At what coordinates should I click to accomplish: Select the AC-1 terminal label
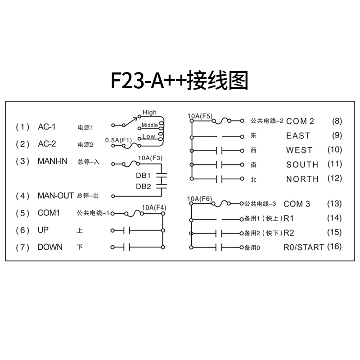tap(47, 127)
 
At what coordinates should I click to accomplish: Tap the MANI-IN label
tap(53, 161)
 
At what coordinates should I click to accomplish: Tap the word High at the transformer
tap(149, 112)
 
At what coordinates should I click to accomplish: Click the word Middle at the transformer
tap(150, 125)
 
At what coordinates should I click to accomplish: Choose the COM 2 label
tap(300, 121)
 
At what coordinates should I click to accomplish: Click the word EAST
tap(298, 135)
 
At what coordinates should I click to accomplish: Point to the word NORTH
tap(302, 179)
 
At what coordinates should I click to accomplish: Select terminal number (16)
tap(334, 246)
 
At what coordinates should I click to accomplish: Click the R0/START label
tap(304, 247)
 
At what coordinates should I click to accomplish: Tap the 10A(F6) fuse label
tap(200, 198)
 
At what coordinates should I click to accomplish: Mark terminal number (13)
tap(334, 204)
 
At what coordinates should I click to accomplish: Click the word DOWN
tap(50, 247)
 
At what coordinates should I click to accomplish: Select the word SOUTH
tap(302, 164)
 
